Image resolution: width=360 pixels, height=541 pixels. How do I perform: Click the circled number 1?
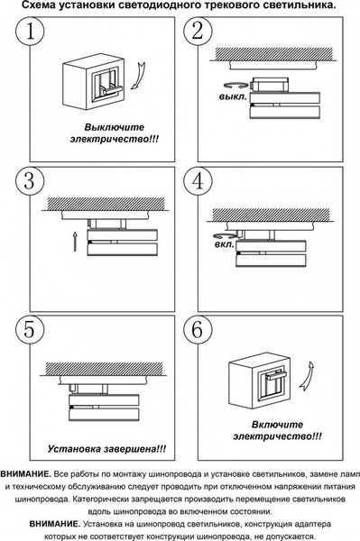pyautogui.click(x=30, y=31)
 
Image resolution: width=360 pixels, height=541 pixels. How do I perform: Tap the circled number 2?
pyautogui.click(x=198, y=31)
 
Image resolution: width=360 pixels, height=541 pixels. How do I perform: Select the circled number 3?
pyautogui.click(x=30, y=181)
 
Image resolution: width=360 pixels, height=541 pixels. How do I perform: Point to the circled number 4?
pyautogui.click(x=198, y=181)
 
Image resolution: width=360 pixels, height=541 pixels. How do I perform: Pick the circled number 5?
pyautogui.click(x=30, y=329)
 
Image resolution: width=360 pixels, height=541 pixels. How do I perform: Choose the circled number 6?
pyautogui.click(x=198, y=329)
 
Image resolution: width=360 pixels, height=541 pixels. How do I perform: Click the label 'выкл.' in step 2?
pyautogui.click(x=233, y=96)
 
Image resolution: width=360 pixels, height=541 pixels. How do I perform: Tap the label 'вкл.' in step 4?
pyautogui.click(x=225, y=245)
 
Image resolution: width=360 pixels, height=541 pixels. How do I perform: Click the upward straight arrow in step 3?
pyautogui.click(x=75, y=241)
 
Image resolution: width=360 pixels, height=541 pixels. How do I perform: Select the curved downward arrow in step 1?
pyautogui.click(x=139, y=77)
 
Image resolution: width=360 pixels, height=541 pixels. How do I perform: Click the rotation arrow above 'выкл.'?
pyautogui.click(x=235, y=85)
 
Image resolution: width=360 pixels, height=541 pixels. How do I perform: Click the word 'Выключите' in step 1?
pyautogui.click(x=115, y=127)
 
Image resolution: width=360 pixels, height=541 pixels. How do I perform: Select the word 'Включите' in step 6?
pyautogui.click(x=277, y=425)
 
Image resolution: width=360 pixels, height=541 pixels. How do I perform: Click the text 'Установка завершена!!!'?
pyautogui.click(x=106, y=449)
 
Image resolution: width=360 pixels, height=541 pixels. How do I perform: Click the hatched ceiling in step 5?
pyautogui.click(x=105, y=369)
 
